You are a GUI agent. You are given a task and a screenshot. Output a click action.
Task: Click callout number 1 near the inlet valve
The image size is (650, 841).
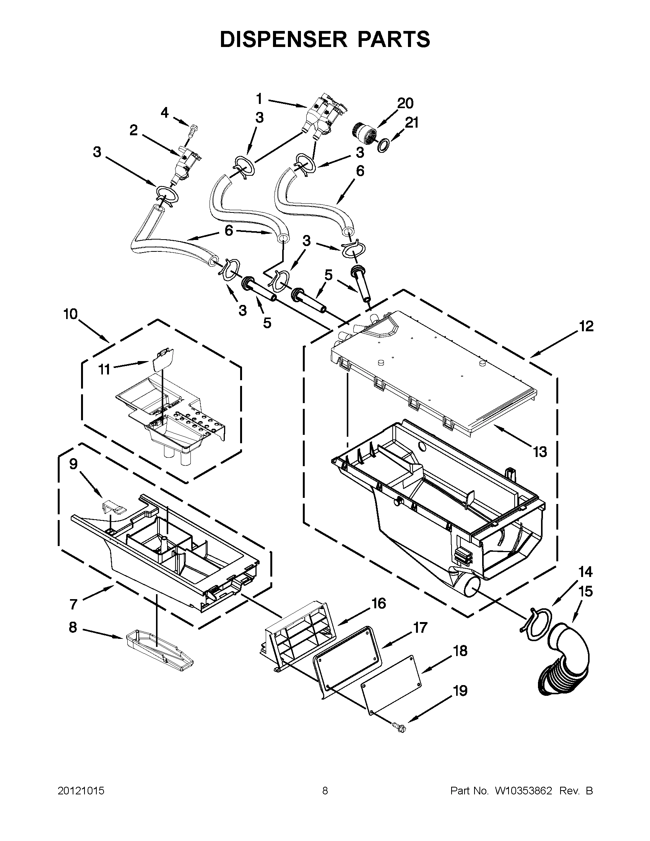coord(259,99)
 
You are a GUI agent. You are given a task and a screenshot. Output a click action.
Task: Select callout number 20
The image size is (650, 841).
coord(405,103)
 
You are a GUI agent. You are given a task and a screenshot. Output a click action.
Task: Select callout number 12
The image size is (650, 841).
coord(586,327)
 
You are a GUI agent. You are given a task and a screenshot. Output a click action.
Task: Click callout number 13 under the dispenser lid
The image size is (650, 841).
coord(540,452)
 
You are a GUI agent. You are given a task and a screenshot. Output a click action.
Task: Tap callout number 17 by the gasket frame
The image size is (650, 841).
coord(420,628)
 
